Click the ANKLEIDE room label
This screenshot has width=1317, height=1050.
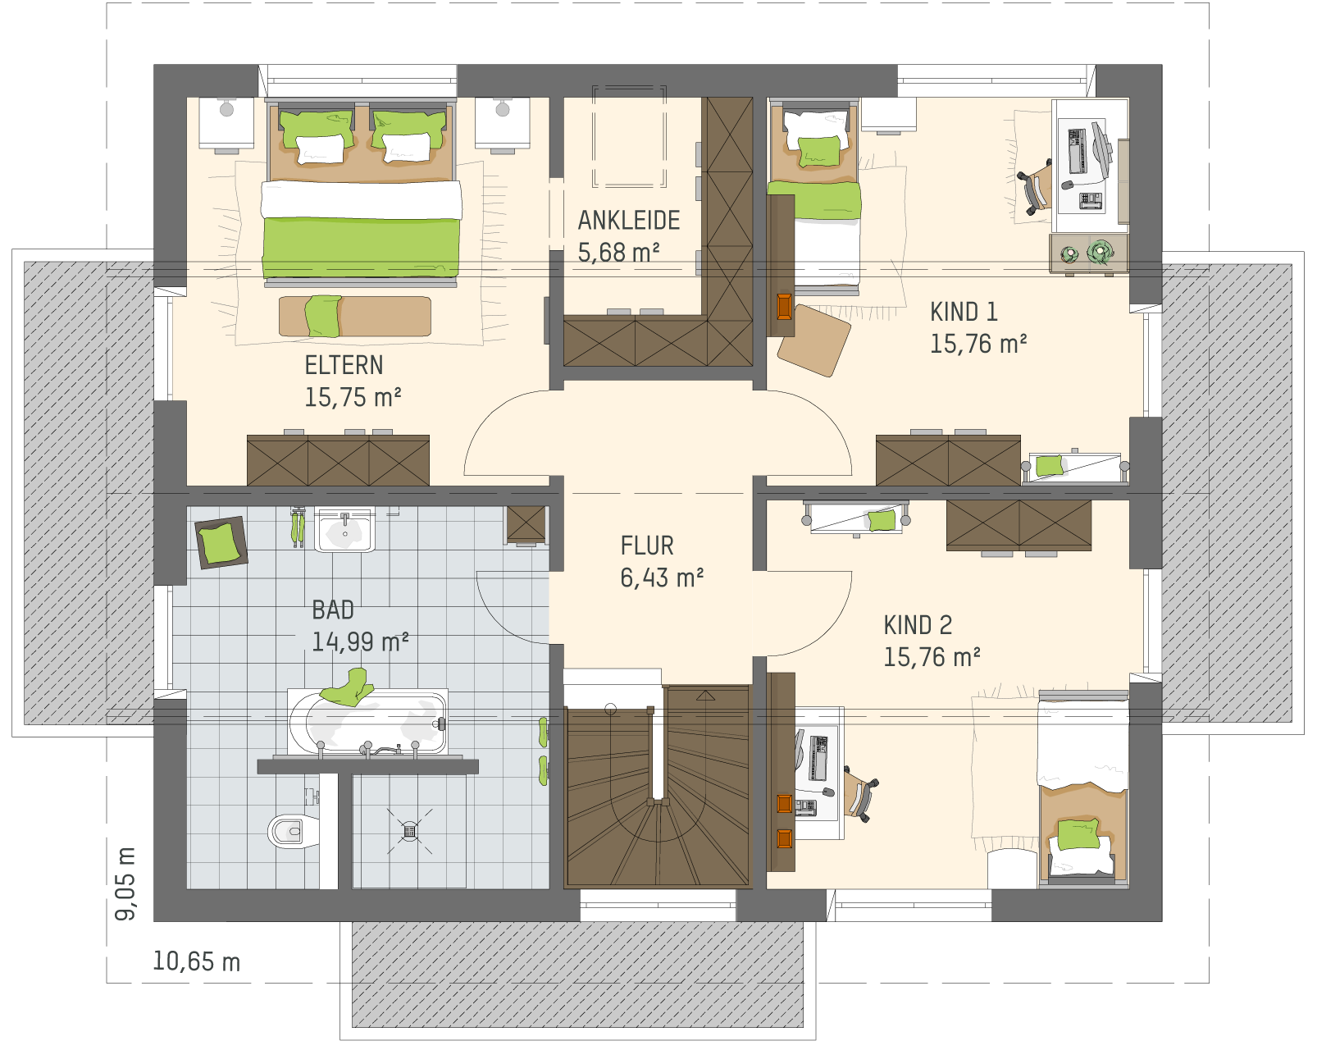(x=628, y=221)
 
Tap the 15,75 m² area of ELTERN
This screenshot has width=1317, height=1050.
(x=353, y=397)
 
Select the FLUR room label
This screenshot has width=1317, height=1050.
(x=647, y=546)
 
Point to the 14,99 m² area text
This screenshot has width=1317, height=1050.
(x=360, y=641)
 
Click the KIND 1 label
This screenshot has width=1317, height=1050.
(x=964, y=312)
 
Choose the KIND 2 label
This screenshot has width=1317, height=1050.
(x=918, y=625)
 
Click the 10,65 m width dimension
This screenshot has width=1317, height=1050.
(x=197, y=961)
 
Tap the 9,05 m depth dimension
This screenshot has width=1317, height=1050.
(x=125, y=883)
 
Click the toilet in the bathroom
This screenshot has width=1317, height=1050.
(x=293, y=831)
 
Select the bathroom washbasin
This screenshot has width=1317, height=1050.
(x=344, y=530)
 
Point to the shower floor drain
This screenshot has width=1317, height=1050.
(x=410, y=831)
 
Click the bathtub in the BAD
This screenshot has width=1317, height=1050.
(x=368, y=723)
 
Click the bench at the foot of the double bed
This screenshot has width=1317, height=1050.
(x=355, y=317)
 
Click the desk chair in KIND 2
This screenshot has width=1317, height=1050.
(x=860, y=794)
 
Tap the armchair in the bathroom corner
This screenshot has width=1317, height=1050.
(x=221, y=542)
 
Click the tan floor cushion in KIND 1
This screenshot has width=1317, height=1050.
(x=814, y=340)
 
